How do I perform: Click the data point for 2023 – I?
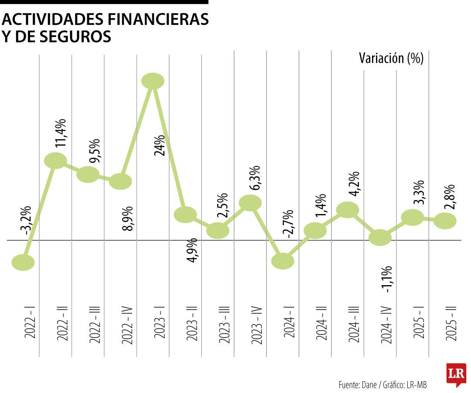click(x=153, y=81)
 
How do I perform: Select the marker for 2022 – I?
click(x=23, y=262)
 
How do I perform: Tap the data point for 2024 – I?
click(x=283, y=261)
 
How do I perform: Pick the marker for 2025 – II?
click(x=445, y=221)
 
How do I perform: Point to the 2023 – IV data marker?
click(x=250, y=203)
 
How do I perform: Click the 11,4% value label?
click(x=61, y=133)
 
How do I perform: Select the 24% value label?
click(x=159, y=145)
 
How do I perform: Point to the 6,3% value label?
click(x=256, y=178)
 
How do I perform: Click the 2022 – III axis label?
click(x=95, y=324)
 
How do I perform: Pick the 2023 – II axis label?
click(x=192, y=325)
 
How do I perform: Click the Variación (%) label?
click(x=391, y=58)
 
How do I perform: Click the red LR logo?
click(x=456, y=375)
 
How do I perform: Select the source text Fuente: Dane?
click(x=358, y=385)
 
